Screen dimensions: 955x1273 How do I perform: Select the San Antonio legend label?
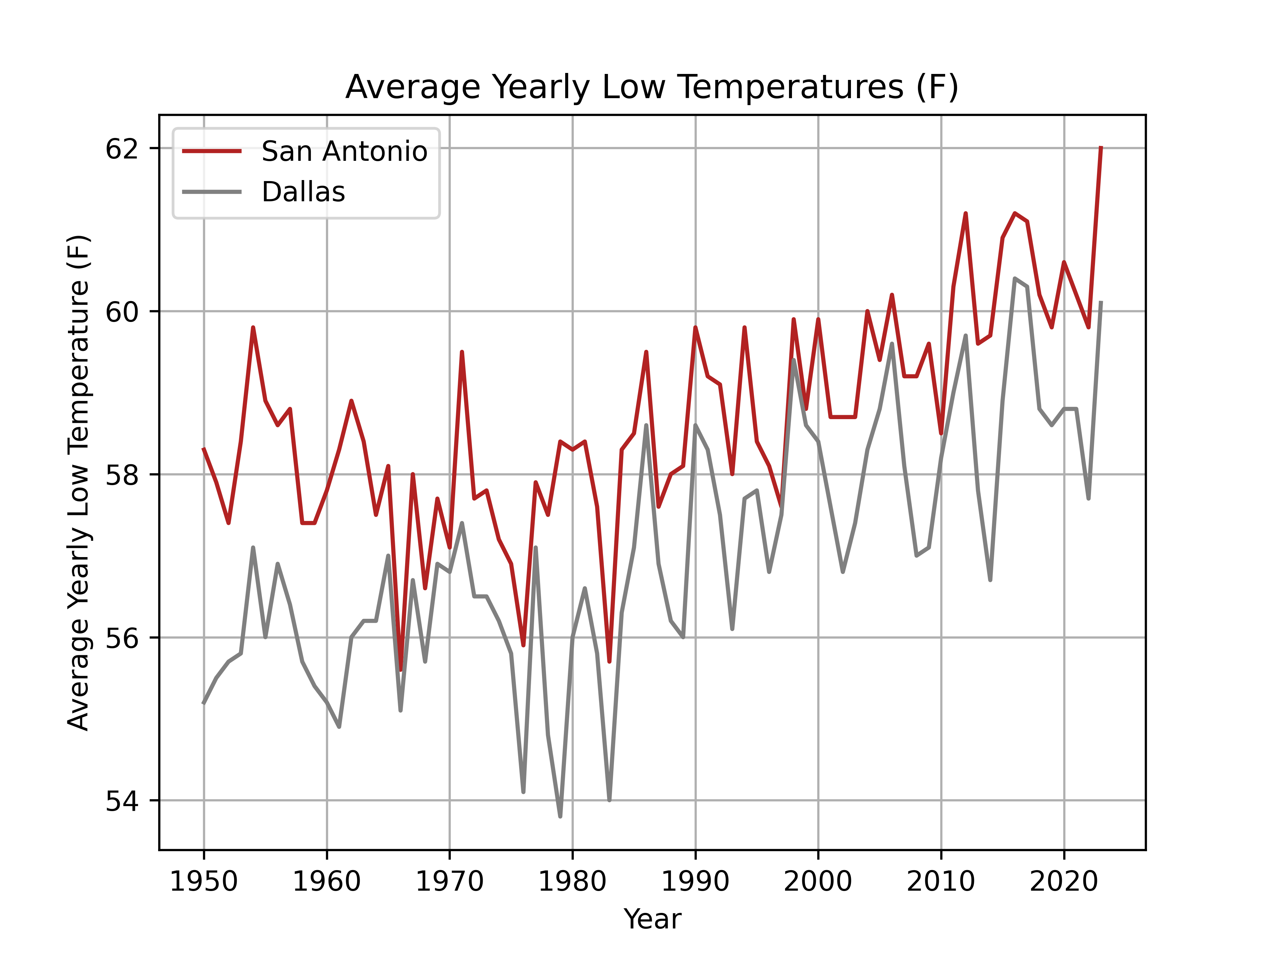tap(344, 152)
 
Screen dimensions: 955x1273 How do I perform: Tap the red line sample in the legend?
tap(212, 152)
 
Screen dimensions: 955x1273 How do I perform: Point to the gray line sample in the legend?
tap(212, 192)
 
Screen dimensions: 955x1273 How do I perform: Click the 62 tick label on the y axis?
tap(122, 149)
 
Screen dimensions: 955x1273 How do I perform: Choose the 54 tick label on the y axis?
tap(122, 801)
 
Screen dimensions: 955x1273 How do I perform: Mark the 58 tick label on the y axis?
tap(122, 475)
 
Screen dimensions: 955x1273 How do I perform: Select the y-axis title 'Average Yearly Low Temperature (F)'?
tap(79, 482)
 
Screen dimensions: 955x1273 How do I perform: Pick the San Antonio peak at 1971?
tap(461, 352)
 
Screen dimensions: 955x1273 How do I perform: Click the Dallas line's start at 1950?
tap(204, 702)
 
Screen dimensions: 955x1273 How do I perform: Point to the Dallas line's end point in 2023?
tap(1100, 302)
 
